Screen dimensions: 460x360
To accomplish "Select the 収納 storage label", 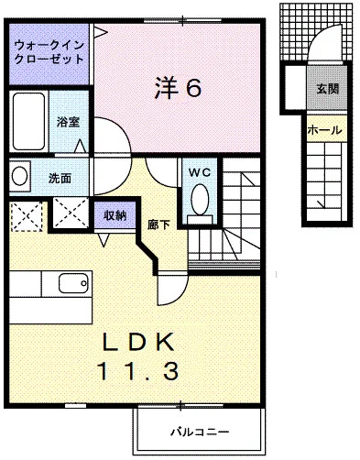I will click(115, 215).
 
